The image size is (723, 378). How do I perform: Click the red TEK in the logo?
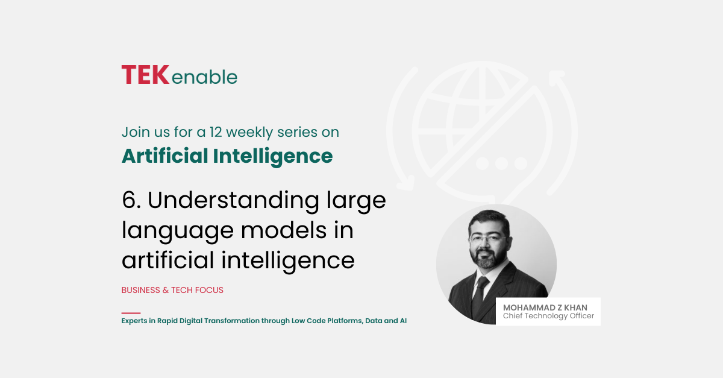click(x=145, y=75)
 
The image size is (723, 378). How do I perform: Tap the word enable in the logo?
click(x=205, y=77)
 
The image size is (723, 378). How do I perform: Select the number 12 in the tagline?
click(x=216, y=132)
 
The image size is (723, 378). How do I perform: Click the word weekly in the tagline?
click(x=249, y=133)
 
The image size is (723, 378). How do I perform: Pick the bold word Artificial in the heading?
click(x=164, y=156)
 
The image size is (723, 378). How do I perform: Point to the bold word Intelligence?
click(x=273, y=157)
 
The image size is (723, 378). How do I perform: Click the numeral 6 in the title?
click(x=129, y=200)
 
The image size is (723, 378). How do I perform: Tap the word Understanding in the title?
click(x=233, y=201)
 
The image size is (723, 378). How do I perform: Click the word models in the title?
click(x=284, y=230)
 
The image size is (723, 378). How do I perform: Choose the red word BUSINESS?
click(x=141, y=290)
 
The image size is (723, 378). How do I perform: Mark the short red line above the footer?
click(x=131, y=313)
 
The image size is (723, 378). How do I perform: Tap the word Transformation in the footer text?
click(x=232, y=321)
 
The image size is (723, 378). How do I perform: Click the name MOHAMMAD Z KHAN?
click(x=545, y=307)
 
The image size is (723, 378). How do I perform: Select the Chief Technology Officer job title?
click(x=548, y=316)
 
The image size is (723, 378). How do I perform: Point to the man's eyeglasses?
click(x=488, y=239)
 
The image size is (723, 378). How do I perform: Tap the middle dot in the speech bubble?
click(x=501, y=163)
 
